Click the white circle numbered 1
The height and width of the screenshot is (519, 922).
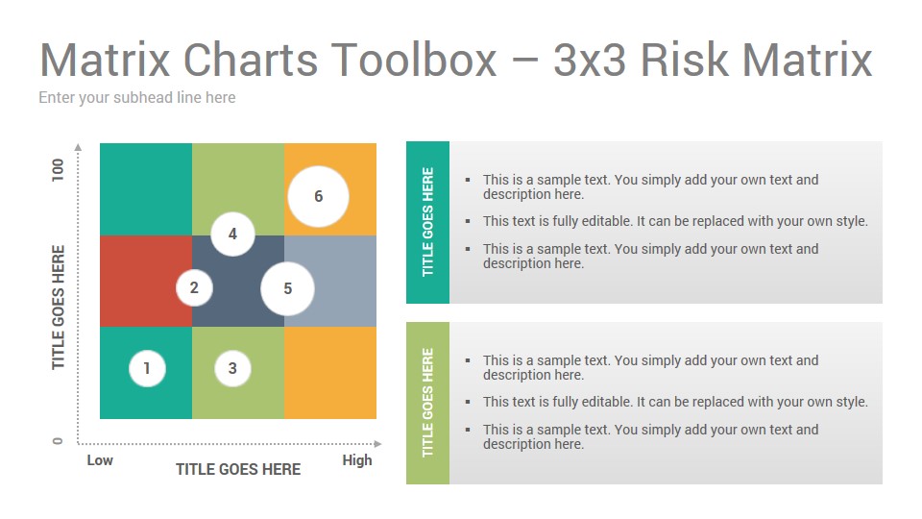(x=147, y=368)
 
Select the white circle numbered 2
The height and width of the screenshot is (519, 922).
(x=194, y=287)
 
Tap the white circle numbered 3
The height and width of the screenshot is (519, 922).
(x=232, y=368)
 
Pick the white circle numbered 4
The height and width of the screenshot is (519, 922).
(x=232, y=234)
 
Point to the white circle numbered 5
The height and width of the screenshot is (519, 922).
(x=287, y=288)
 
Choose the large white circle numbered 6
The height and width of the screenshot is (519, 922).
(x=318, y=196)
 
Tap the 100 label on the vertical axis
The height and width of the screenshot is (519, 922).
(x=58, y=170)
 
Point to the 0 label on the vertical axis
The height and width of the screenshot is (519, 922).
(x=58, y=441)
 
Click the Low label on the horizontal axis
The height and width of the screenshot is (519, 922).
(x=100, y=460)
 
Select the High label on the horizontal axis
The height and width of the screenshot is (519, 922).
(x=357, y=460)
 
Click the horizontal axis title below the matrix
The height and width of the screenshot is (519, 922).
(x=238, y=469)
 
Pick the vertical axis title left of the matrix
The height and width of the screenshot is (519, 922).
(x=58, y=308)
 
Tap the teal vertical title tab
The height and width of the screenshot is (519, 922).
(x=427, y=222)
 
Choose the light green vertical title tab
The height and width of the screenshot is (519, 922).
(x=427, y=403)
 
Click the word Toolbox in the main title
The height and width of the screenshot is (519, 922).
(x=414, y=60)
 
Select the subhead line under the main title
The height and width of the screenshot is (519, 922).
(x=137, y=97)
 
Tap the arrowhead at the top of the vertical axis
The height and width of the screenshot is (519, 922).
(x=78, y=146)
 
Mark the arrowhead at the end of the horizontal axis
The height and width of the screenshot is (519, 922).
(x=378, y=444)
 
